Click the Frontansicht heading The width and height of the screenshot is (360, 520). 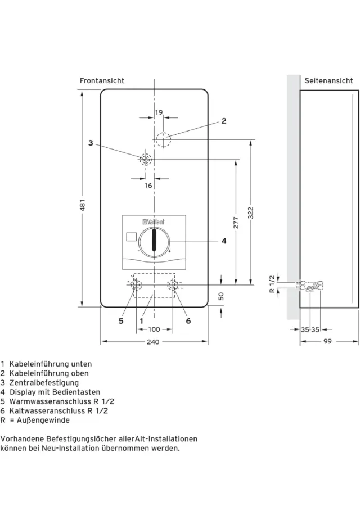tap(102, 81)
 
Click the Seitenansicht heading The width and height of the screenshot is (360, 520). tap(329, 81)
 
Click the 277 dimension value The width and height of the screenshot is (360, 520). tap(236, 223)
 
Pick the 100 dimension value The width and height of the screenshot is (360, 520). tap(153, 329)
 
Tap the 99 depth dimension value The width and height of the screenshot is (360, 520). tap(328, 342)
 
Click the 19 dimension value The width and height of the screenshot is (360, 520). tap(159, 112)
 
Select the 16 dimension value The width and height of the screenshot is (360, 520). tap(148, 186)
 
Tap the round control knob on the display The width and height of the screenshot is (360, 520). tap(153, 242)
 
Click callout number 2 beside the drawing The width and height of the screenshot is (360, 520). tap(223, 121)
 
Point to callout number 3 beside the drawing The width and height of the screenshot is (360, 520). tap(91, 143)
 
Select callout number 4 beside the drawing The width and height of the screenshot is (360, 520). tap(223, 241)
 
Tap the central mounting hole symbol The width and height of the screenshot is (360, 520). tap(145, 159)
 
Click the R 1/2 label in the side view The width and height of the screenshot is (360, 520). tap(272, 284)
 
